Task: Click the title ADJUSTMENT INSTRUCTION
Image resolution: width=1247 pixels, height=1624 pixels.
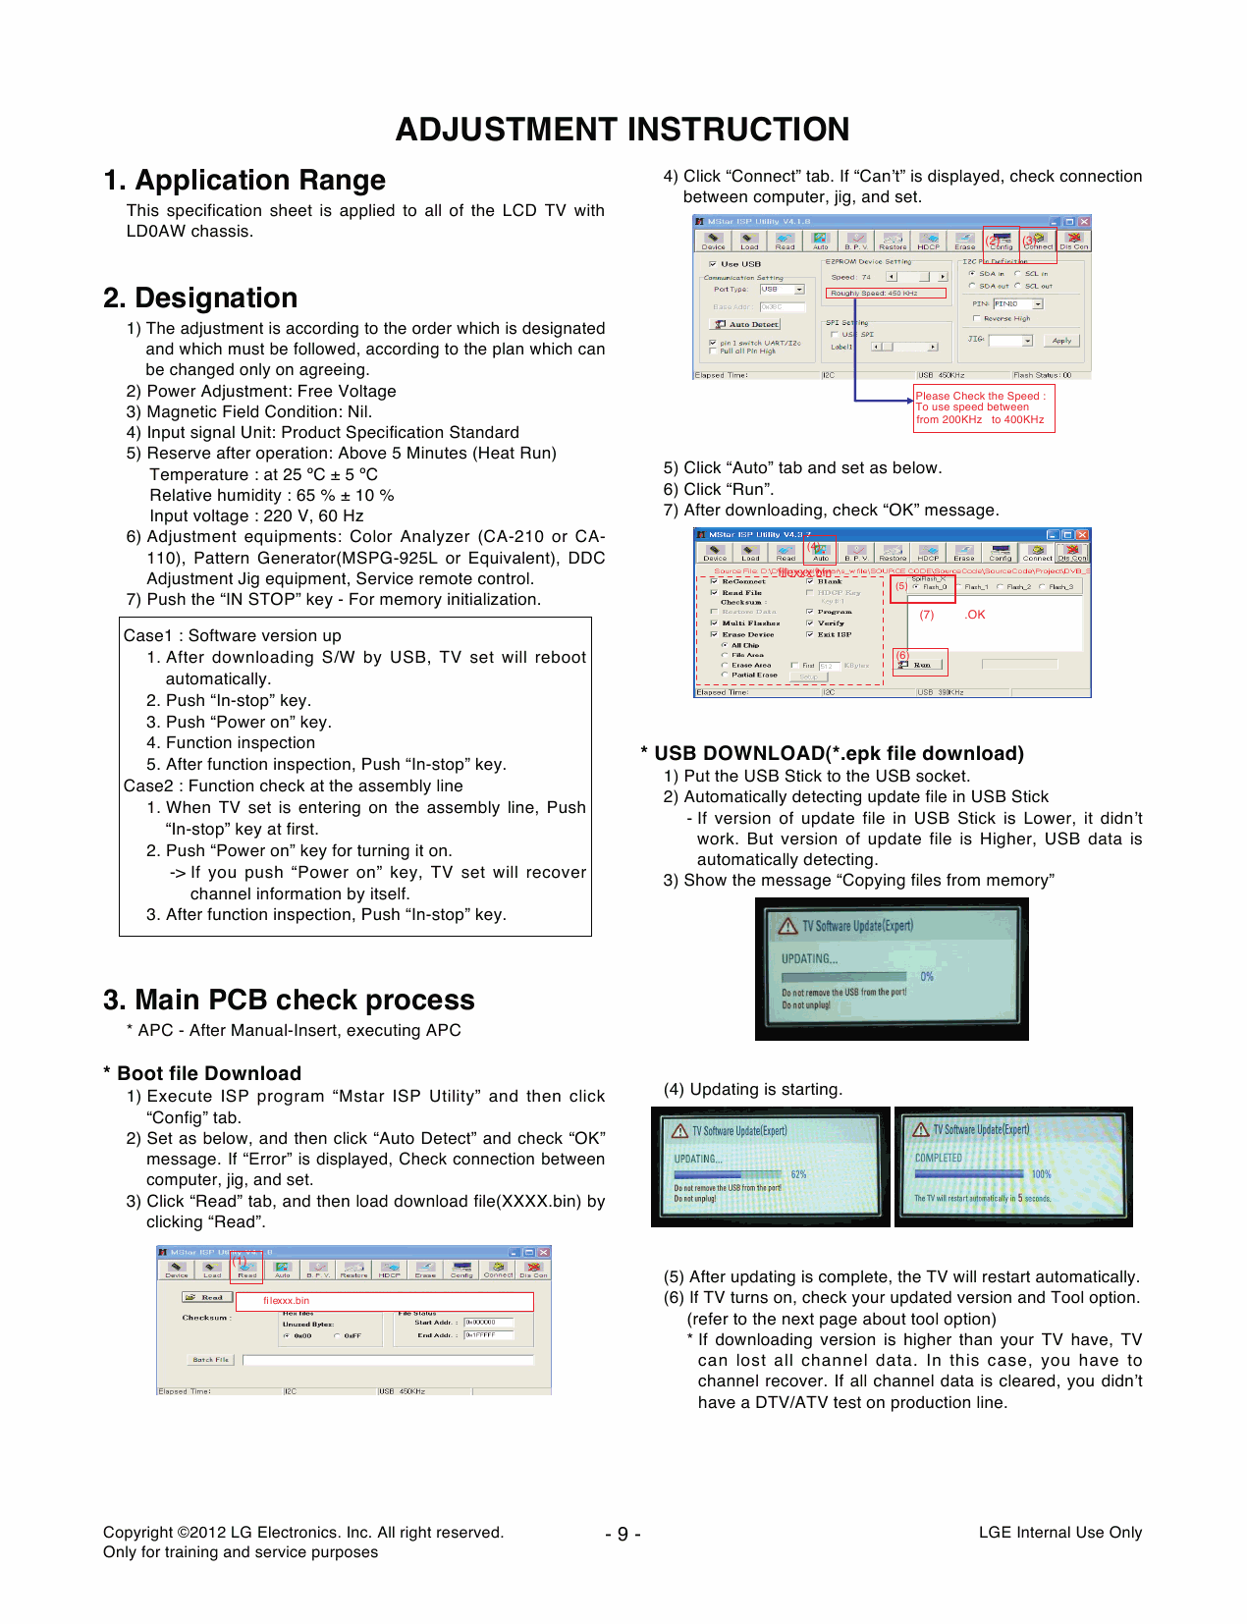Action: (x=623, y=130)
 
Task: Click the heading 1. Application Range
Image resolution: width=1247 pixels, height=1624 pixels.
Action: (x=244, y=181)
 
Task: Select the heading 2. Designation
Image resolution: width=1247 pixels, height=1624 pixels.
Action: (x=200, y=298)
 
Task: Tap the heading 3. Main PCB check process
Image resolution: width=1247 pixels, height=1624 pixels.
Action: (x=289, y=1000)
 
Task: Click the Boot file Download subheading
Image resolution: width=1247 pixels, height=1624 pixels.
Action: (x=208, y=1073)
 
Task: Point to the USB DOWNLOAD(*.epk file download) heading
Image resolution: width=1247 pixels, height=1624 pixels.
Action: (x=838, y=753)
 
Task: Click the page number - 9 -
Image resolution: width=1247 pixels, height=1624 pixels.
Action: (x=623, y=1534)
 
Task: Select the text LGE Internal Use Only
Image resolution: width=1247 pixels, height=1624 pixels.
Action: (x=1059, y=1533)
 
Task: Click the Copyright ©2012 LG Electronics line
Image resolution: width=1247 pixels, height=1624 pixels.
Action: (x=302, y=1533)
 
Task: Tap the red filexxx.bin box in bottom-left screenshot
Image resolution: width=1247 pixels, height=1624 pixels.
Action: (x=385, y=1301)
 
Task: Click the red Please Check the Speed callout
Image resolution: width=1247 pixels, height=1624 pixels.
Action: (x=983, y=408)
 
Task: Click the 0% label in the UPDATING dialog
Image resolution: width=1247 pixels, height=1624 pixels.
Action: (x=926, y=977)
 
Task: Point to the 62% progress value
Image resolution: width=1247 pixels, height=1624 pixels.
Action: (x=798, y=1174)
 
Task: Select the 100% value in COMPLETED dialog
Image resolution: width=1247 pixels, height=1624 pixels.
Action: (x=1041, y=1174)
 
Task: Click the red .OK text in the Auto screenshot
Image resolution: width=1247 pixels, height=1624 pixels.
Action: (x=975, y=615)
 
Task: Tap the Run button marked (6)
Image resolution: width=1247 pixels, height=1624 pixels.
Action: (x=921, y=665)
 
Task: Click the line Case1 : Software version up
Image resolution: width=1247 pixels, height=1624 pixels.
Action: (x=233, y=635)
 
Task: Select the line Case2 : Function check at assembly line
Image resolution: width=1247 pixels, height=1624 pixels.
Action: (x=293, y=785)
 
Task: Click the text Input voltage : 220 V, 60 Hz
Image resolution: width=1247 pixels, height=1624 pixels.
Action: (x=256, y=515)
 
